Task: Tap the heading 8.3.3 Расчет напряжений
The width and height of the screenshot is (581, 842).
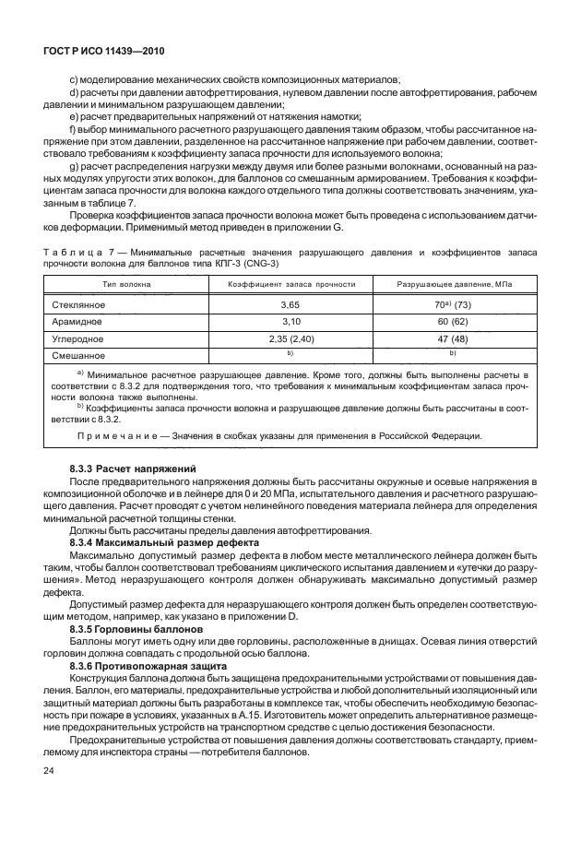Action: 133,469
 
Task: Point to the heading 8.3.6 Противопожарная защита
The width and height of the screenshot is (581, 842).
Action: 146,663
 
